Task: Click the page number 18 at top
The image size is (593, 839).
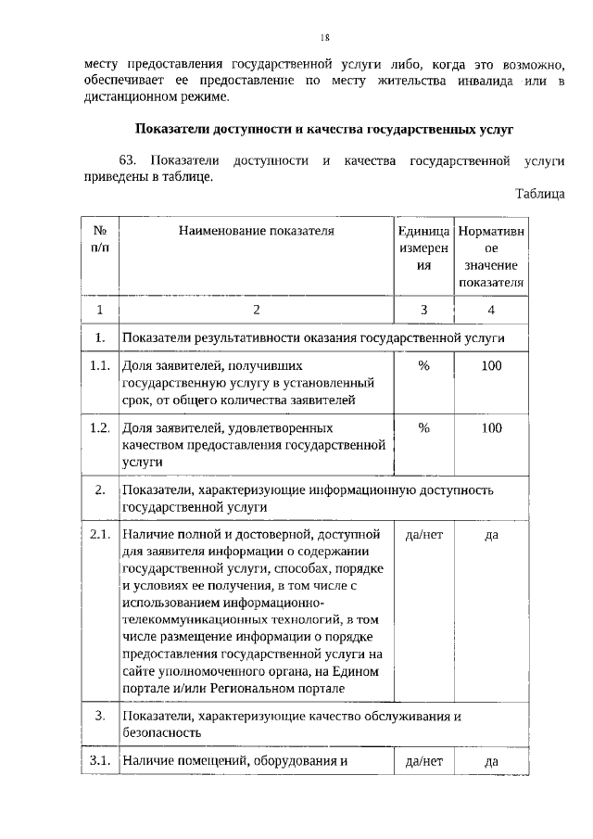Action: pos(325,38)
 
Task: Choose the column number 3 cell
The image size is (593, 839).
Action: pos(423,309)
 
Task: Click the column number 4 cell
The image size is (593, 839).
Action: pos(491,309)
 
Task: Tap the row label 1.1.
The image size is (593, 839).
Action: pos(100,366)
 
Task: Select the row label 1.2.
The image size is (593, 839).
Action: pos(100,427)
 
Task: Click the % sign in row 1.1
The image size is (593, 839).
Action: pos(423,366)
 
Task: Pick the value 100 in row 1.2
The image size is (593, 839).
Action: pos(491,427)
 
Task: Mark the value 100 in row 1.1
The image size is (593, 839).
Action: pos(491,366)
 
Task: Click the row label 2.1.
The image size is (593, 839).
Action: pos(100,535)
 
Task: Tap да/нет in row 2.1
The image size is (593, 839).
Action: pos(423,535)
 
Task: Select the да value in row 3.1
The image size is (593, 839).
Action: pos(491,762)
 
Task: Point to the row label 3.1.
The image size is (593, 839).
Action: pos(100,762)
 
